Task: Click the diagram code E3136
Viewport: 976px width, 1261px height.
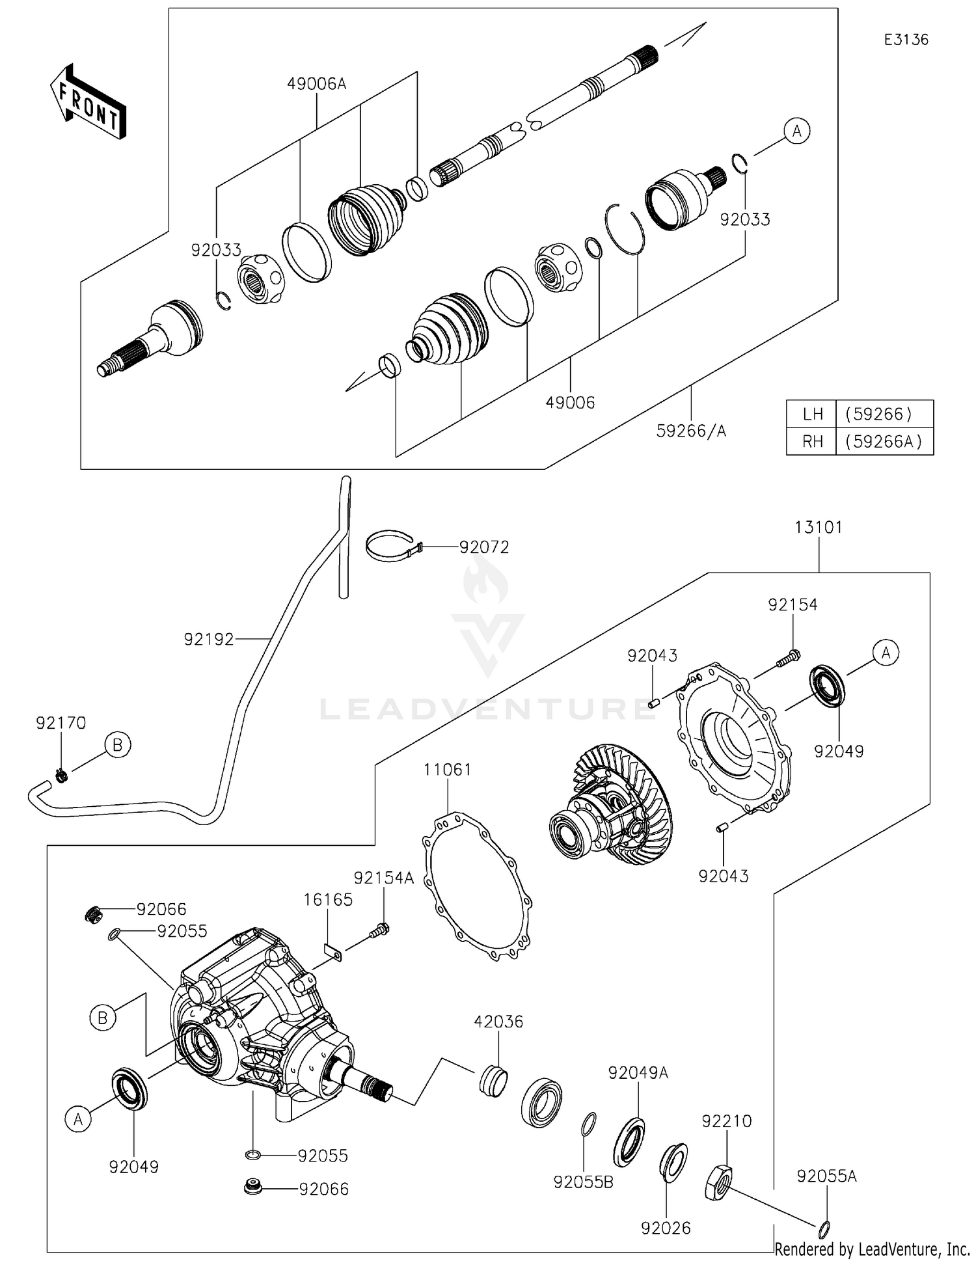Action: (x=906, y=40)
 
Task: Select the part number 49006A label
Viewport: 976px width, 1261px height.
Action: (x=317, y=83)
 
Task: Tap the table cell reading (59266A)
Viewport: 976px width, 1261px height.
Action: (x=884, y=441)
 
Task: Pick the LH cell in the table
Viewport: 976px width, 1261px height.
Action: (x=812, y=414)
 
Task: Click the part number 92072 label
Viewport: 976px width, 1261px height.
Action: (x=483, y=547)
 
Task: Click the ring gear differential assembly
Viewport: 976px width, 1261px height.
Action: (x=612, y=807)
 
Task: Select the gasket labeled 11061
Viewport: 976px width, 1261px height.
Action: (x=478, y=887)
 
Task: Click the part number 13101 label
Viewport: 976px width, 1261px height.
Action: (x=818, y=527)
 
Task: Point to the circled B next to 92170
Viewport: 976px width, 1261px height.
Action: (x=118, y=744)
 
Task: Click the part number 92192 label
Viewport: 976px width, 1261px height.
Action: (x=208, y=640)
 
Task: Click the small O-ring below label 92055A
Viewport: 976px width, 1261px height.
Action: (x=824, y=1229)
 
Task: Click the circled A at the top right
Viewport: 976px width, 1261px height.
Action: (x=796, y=131)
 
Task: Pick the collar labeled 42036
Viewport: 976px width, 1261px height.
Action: (x=493, y=1081)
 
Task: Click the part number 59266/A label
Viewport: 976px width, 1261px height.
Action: (x=691, y=431)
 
